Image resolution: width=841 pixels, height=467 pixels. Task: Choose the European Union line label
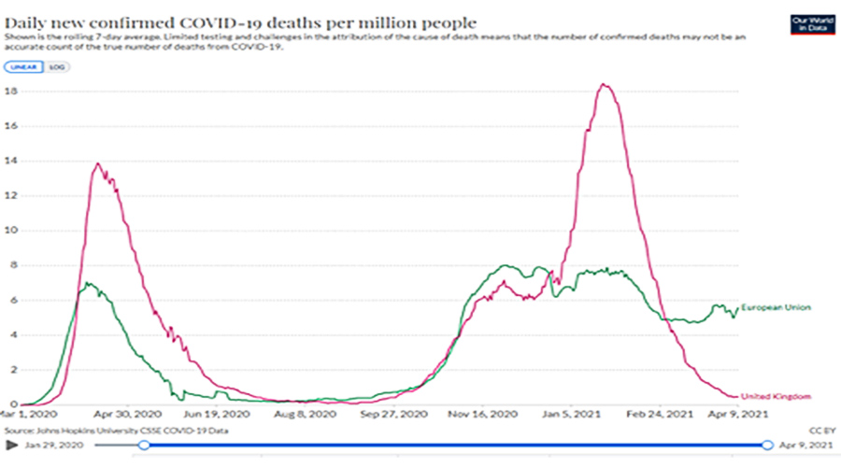[x=775, y=307]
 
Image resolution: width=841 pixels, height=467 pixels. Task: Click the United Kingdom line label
[x=775, y=396]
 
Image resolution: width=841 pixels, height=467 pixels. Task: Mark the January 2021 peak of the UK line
[x=605, y=85]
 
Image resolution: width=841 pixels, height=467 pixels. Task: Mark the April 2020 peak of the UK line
[x=98, y=164]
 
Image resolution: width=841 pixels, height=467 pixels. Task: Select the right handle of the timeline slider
[x=767, y=446]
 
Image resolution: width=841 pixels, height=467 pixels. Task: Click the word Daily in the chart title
[x=30, y=21]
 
